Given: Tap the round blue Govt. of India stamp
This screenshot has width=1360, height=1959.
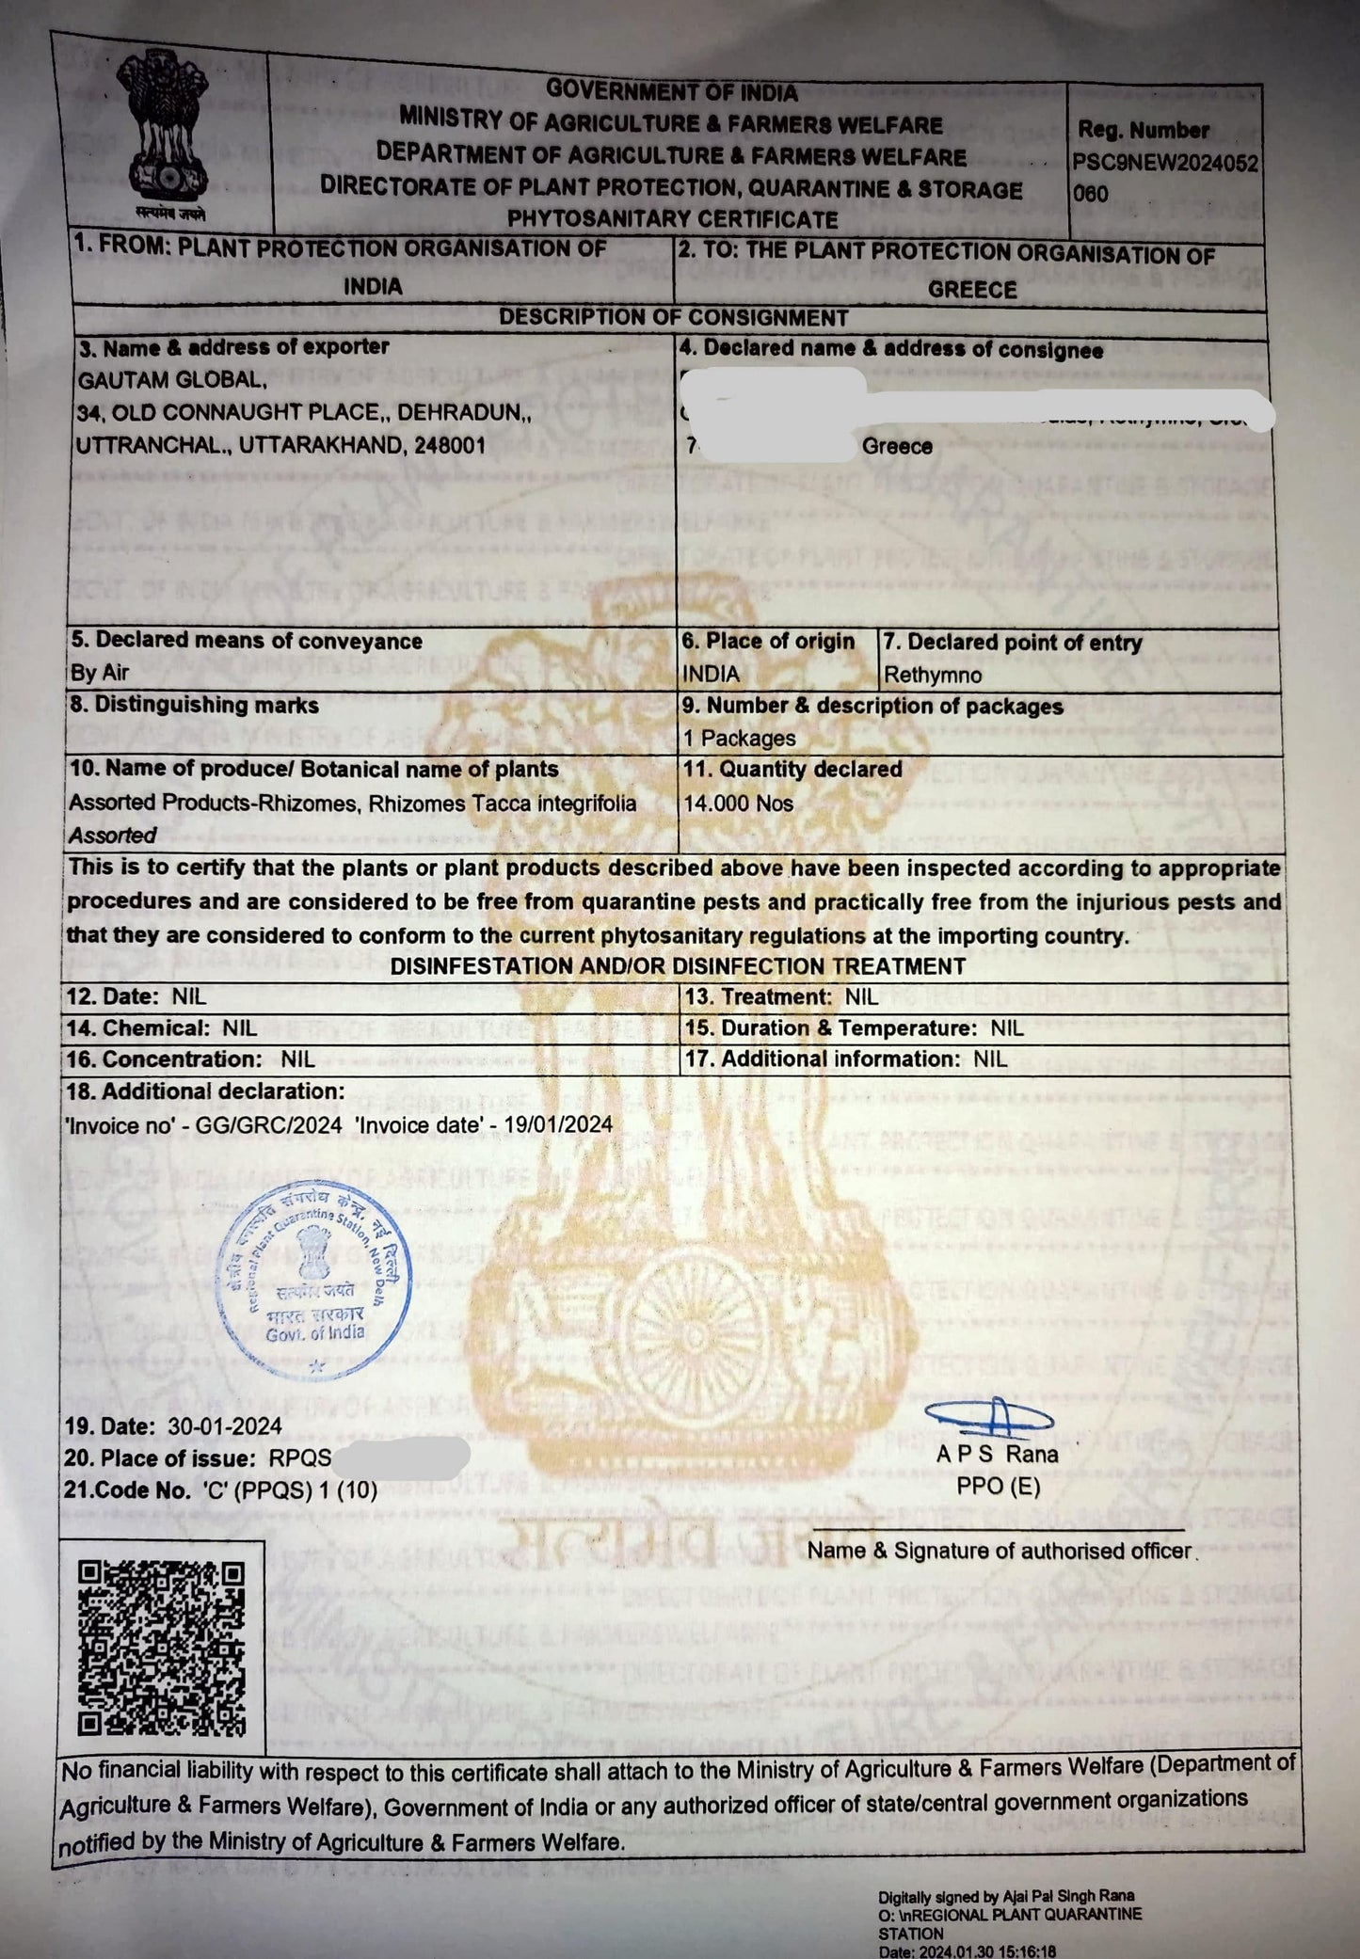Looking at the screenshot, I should [315, 1280].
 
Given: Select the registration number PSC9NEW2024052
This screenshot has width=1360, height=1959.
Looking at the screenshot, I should [1165, 163].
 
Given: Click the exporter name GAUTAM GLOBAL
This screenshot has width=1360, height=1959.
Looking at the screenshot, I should [170, 380].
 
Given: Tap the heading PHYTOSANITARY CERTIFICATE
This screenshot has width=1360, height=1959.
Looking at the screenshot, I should [672, 219].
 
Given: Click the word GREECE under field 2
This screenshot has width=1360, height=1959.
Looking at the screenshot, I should [972, 290].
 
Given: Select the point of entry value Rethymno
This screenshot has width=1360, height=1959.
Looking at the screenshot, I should [932, 676].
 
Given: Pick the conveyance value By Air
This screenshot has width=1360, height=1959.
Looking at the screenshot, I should [100, 673].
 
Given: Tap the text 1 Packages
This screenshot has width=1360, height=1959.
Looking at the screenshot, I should [739, 739].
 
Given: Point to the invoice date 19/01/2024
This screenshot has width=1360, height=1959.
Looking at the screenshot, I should [558, 1124].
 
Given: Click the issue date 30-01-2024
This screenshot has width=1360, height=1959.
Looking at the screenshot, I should [225, 1426].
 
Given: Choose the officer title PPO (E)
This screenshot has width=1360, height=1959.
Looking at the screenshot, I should [998, 1486].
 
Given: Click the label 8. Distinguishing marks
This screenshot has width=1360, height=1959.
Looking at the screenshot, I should [194, 705].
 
